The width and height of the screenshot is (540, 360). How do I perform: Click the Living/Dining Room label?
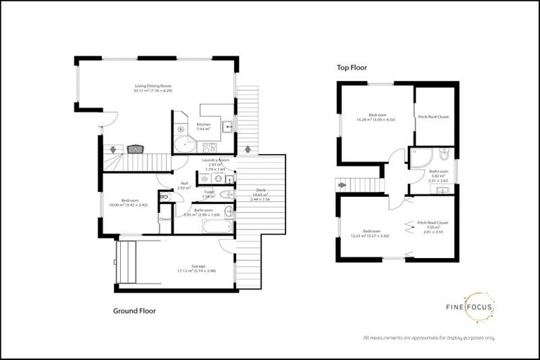pyautogui.click(x=153, y=88)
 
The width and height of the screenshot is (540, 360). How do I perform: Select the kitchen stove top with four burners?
pyautogui.click(x=209, y=147)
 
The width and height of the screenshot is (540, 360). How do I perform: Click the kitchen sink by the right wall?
pyautogui.click(x=228, y=127)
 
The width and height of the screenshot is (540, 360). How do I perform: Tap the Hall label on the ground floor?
pyautogui.click(x=184, y=186)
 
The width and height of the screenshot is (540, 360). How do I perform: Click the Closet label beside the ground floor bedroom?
pyautogui.click(x=165, y=219)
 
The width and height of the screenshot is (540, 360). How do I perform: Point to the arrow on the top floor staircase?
pyautogui.click(x=342, y=186)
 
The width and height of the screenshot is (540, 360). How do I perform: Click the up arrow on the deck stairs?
pyautogui.click(x=247, y=148)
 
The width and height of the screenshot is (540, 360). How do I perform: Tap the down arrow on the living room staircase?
pyautogui.click(x=112, y=150)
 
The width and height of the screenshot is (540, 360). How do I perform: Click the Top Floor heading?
pyautogui.click(x=352, y=67)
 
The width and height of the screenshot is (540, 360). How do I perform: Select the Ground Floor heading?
pyautogui.click(x=134, y=310)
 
